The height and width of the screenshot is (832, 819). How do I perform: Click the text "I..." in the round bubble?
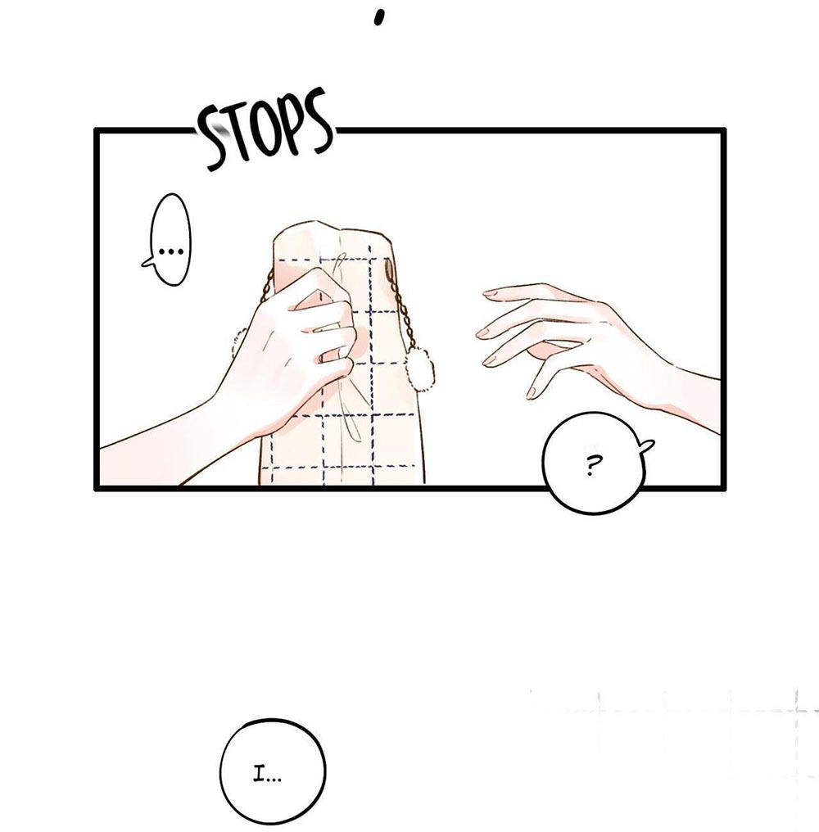[267, 777]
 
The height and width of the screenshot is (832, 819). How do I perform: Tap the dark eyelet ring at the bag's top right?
[390, 269]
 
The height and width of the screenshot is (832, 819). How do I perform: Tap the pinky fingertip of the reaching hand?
[532, 392]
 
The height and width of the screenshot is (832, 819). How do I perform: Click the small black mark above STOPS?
[378, 17]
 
